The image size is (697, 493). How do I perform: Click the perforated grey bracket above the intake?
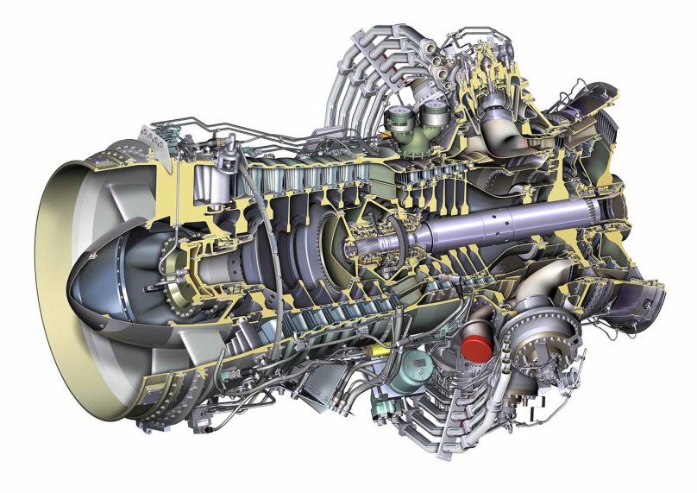[159, 134]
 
